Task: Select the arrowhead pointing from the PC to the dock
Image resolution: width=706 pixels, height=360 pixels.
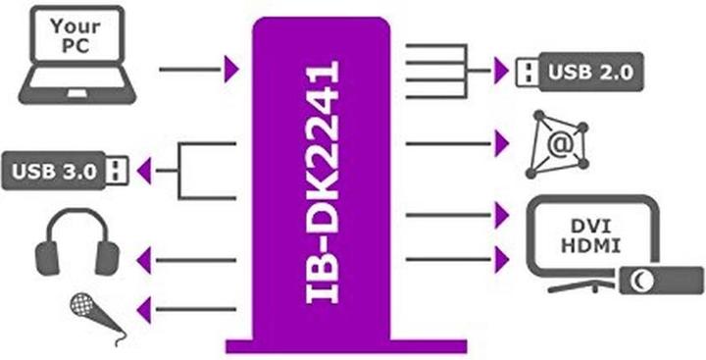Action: (x=232, y=69)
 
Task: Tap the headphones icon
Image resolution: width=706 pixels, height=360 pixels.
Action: (x=77, y=246)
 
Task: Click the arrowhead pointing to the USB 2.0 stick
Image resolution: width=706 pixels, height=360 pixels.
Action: (x=502, y=71)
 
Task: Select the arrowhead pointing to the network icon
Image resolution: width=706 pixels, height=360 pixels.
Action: (x=502, y=145)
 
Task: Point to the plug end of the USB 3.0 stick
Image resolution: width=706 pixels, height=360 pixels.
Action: (x=118, y=170)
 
